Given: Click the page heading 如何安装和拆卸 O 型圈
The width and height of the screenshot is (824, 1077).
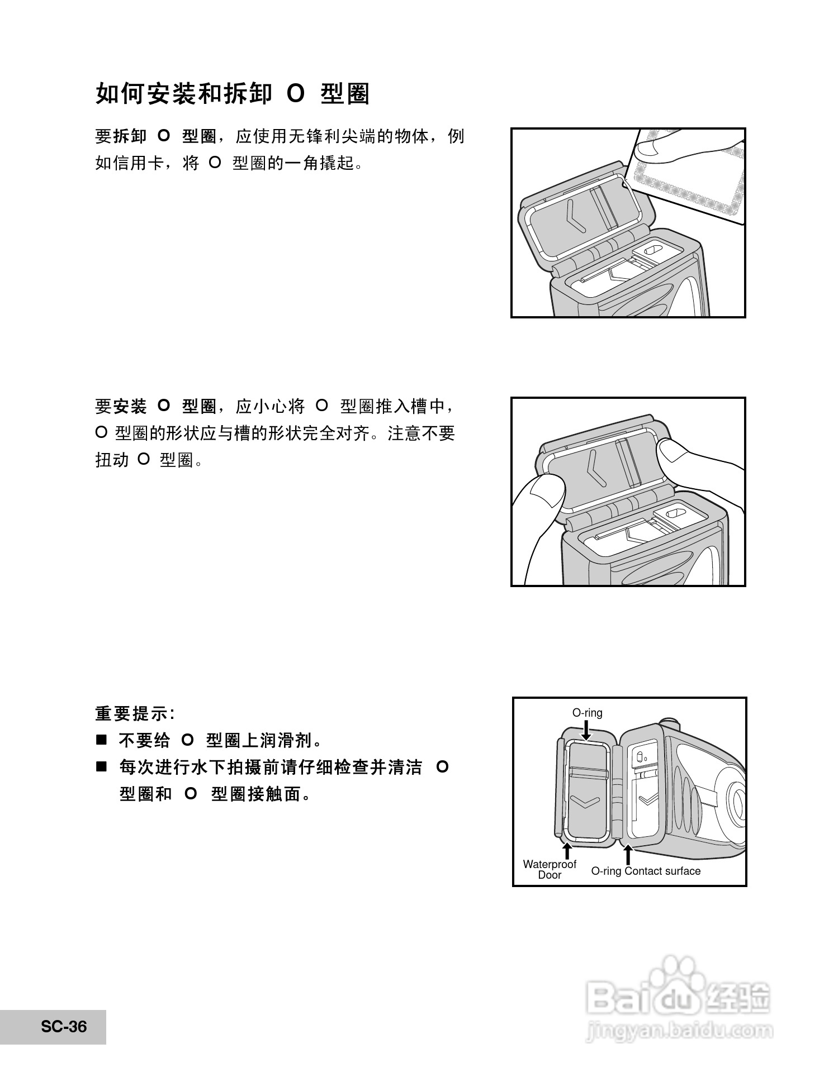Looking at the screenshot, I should (232, 94).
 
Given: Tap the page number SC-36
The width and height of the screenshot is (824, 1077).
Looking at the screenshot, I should (64, 1027).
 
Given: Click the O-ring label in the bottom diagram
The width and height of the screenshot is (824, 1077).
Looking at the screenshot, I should (587, 713).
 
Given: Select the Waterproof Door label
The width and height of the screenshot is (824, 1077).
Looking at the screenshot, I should (549, 869).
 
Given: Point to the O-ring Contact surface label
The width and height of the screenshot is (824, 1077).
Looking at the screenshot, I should (646, 871).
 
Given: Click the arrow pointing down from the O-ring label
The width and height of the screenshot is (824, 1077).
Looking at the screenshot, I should (586, 730).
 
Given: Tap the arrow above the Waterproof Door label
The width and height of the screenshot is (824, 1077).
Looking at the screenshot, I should (567, 850).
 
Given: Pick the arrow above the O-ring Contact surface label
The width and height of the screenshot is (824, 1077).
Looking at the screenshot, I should (628, 855).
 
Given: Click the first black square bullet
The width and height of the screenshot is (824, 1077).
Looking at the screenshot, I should (101, 741).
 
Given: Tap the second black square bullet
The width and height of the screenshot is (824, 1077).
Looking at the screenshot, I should (101, 767).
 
